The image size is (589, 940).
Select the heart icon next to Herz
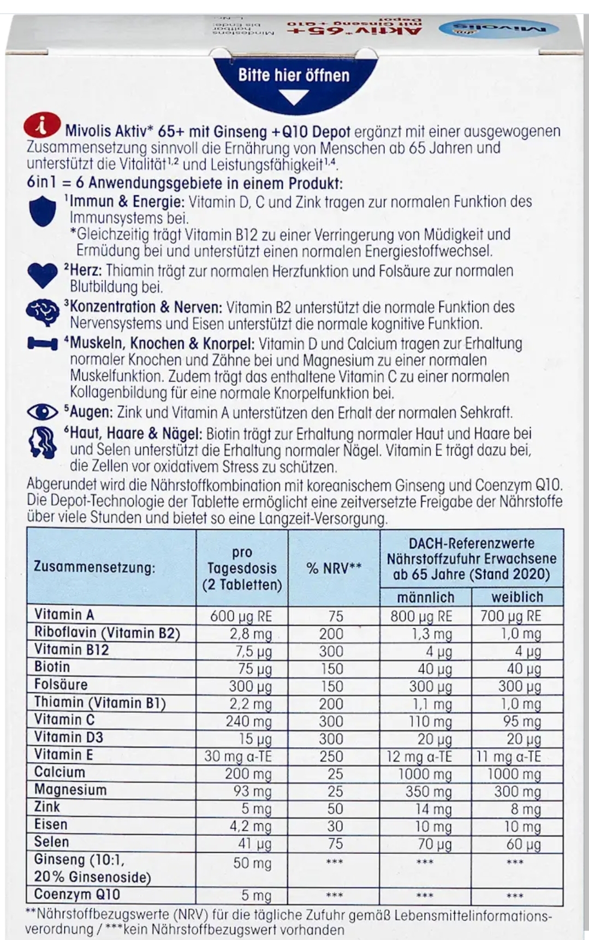(x=42, y=275)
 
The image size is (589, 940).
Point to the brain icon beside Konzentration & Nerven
(x=42, y=313)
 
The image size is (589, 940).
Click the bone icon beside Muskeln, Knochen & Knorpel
(x=42, y=344)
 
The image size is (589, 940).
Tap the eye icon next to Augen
(x=42, y=412)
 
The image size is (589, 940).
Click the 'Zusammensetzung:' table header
(x=94, y=567)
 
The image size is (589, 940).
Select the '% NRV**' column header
(x=334, y=567)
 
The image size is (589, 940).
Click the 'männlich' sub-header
(x=425, y=596)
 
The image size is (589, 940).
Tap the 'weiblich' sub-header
(x=516, y=596)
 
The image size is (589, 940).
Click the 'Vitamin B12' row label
(x=72, y=650)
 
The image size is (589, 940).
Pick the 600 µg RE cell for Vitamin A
(x=241, y=616)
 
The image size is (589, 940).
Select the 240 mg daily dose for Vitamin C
(x=248, y=721)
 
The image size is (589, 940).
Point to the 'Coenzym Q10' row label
(x=76, y=894)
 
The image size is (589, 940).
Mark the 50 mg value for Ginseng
(x=252, y=863)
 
